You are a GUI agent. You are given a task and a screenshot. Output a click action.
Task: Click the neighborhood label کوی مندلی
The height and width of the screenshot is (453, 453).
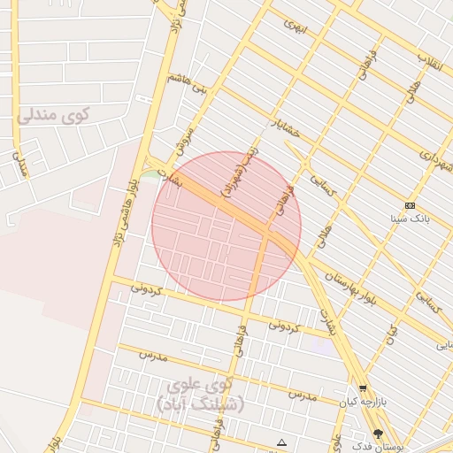click(x=54, y=114)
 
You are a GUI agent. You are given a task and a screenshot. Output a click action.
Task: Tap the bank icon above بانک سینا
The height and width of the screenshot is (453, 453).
click(x=410, y=205)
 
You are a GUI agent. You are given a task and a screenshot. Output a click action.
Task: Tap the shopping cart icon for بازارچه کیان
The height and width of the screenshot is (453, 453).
click(x=363, y=389)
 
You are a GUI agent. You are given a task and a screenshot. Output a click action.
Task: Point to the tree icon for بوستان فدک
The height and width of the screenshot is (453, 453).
click(x=380, y=434)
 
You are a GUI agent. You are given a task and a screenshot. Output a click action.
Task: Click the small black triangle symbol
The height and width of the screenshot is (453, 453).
click(x=281, y=442)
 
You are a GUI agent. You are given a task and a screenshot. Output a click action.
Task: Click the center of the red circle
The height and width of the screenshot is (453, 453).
click(x=226, y=226)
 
